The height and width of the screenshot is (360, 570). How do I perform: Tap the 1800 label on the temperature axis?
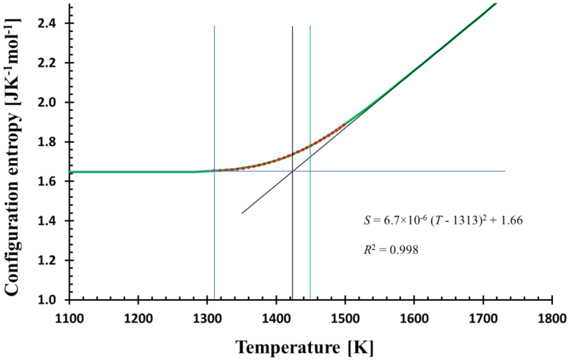(552, 319)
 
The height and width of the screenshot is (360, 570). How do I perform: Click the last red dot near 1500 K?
(344, 125)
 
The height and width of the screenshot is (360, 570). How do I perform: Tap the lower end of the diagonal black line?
(242, 214)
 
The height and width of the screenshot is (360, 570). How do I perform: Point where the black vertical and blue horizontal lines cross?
(293, 171)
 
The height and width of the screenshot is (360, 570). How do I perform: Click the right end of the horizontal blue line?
(505, 171)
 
